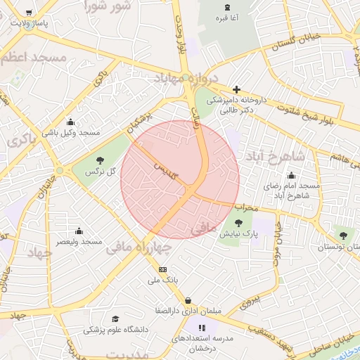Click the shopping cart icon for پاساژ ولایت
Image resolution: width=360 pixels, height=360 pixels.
(28, 13)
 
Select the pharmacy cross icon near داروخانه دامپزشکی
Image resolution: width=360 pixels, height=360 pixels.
(237, 89)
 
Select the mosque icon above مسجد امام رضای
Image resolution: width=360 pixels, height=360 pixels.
(291, 175)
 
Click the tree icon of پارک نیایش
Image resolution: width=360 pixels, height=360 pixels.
(247, 222)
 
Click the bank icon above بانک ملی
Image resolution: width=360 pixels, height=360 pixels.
(163, 269)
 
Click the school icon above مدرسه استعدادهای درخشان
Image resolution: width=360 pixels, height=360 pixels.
(202, 327)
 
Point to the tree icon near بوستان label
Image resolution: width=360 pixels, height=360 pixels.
(342, 236)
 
